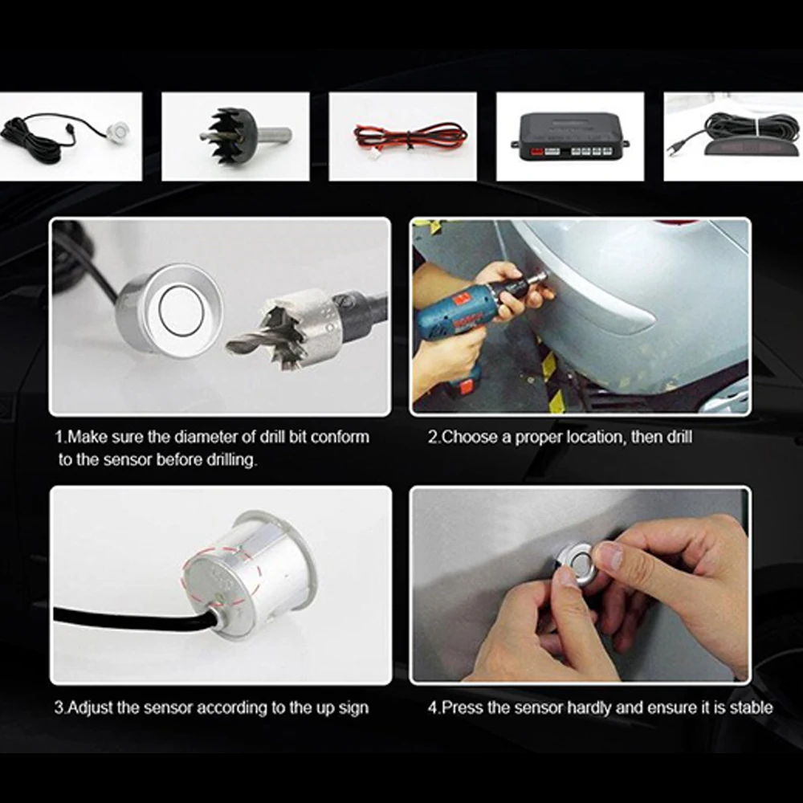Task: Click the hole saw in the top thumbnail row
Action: (x=242, y=136)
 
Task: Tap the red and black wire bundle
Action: (x=410, y=137)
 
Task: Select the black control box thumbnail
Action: (x=570, y=137)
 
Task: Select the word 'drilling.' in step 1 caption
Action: (x=231, y=460)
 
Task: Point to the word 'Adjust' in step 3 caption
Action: (x=90, y=707)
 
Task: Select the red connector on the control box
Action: (x=536, y=152)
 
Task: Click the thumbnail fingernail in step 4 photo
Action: (x=610, y=556)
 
